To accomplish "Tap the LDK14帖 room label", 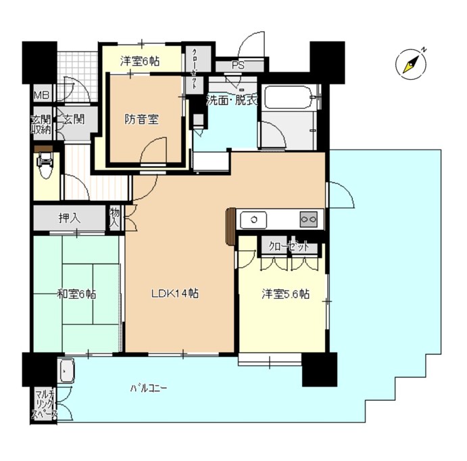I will (174, 293).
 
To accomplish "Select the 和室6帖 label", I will (76, 294).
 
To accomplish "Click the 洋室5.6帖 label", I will (286, 294).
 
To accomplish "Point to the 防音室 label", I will (142, 120).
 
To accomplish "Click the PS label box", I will (237, 66).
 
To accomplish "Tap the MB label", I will (42, 95).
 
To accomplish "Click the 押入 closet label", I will (70, 218).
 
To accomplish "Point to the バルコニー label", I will (149, 389).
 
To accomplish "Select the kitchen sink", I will (254, 219).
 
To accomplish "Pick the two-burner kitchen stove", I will (309, 219).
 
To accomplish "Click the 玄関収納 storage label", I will (41, 124).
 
